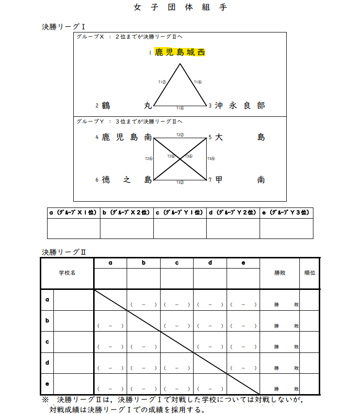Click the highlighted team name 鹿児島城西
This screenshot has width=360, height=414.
180,52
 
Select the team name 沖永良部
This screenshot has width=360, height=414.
240,106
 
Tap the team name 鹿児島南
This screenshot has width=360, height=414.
127,138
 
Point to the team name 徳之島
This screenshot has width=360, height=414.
127,180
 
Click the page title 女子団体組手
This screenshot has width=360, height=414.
180,8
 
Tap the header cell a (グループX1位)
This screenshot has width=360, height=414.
73,213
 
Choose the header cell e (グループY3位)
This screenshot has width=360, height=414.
286,213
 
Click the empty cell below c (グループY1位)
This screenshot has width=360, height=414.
180,228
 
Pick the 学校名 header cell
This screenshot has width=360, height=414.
67,273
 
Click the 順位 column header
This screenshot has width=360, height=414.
310,273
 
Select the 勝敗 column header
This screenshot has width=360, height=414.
279,273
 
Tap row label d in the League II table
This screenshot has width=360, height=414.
47,363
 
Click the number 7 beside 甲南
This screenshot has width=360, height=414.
210,180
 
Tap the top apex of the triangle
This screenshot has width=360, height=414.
180,63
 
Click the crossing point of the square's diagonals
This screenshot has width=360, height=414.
180,159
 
